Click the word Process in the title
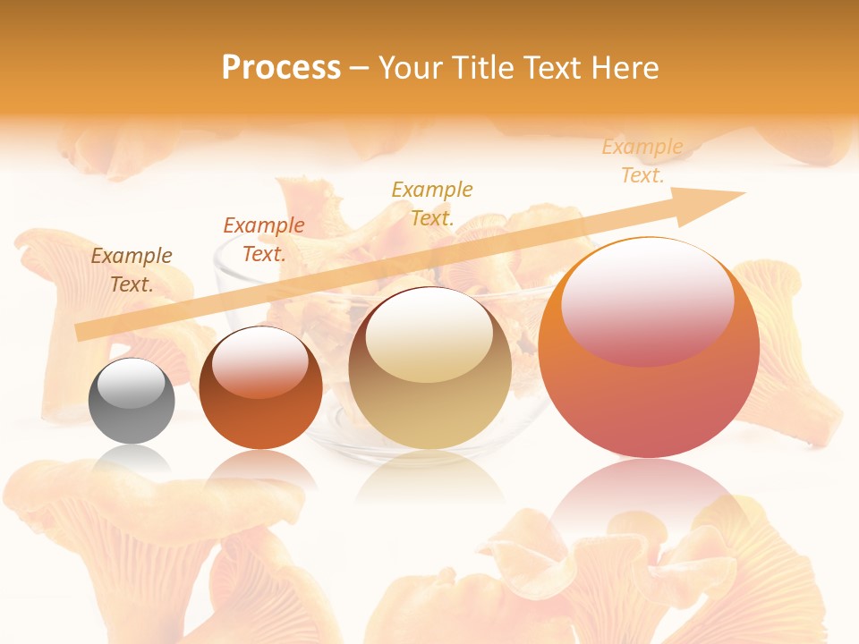[281, 68]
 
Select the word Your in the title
[408, 68]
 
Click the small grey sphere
[132, 401]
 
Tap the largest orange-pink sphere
[649, 358]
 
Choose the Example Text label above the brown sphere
[264, 240]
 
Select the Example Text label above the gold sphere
[432, 203]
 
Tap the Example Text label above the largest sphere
[642, 161]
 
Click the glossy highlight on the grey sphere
[132, 383]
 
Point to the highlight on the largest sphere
[647, 302]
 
